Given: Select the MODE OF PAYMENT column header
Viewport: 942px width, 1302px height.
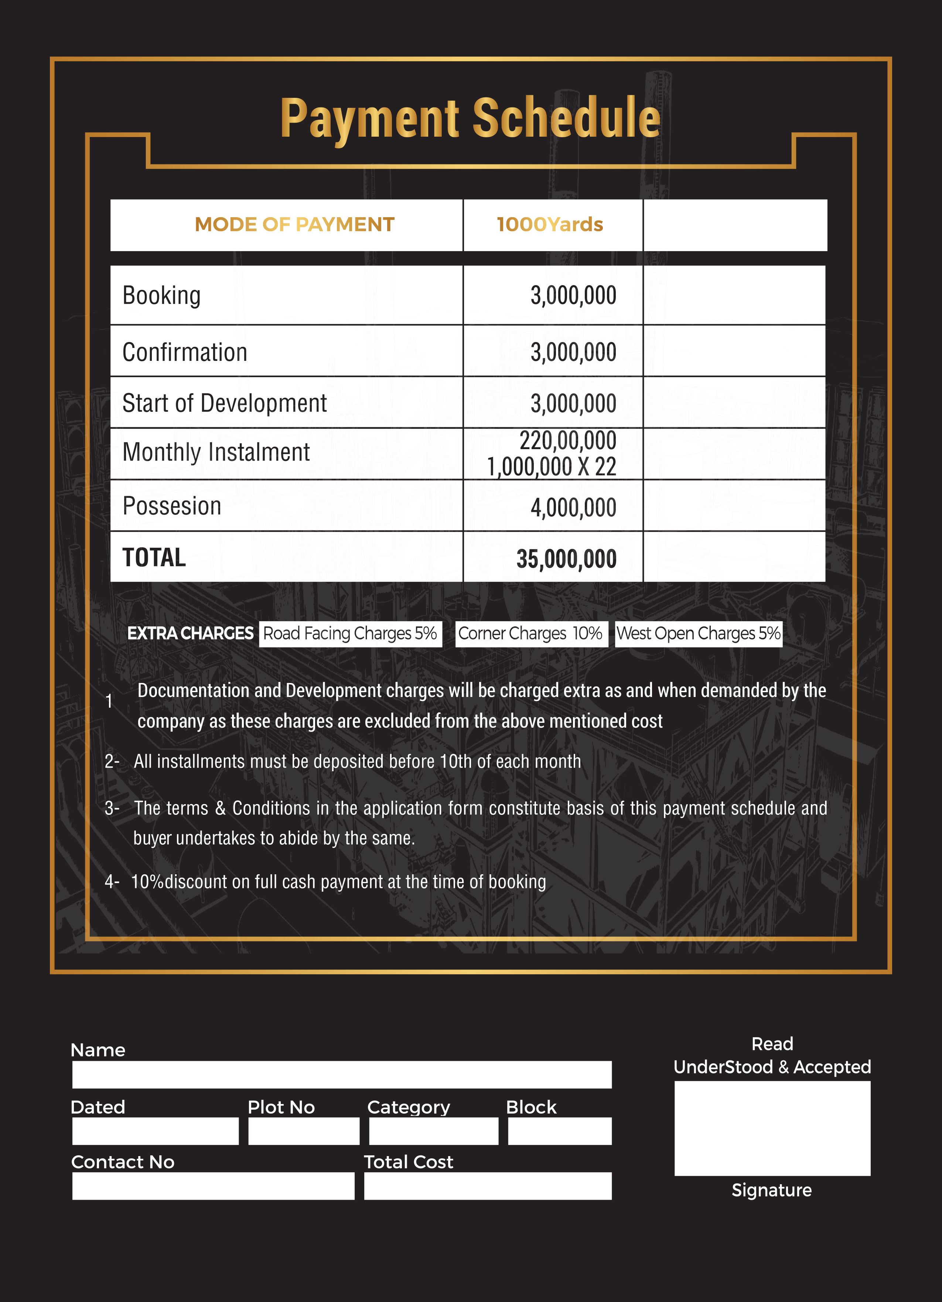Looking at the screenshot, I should (x=294, y=225).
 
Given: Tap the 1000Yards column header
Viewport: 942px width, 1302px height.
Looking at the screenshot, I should (x=550, y=225).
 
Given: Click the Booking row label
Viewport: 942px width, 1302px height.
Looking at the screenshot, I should (x=161, y=295).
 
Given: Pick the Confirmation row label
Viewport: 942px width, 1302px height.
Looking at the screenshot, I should (x=184, y=352).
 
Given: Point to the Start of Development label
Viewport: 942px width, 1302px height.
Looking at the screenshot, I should (x=225, y=403).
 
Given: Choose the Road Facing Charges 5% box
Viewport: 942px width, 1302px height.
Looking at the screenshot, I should (x=350, y=634).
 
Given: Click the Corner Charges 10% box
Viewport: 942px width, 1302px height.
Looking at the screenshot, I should (x=530, y=634).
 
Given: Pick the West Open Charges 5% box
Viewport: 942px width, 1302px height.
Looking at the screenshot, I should (x=698, y=634).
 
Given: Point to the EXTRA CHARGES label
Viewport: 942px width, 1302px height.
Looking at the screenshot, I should (x=190, y=633).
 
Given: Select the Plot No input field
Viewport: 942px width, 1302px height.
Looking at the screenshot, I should (x=304, y=1131).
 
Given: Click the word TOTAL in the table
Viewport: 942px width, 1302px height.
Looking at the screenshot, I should (x=154, y=557).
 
